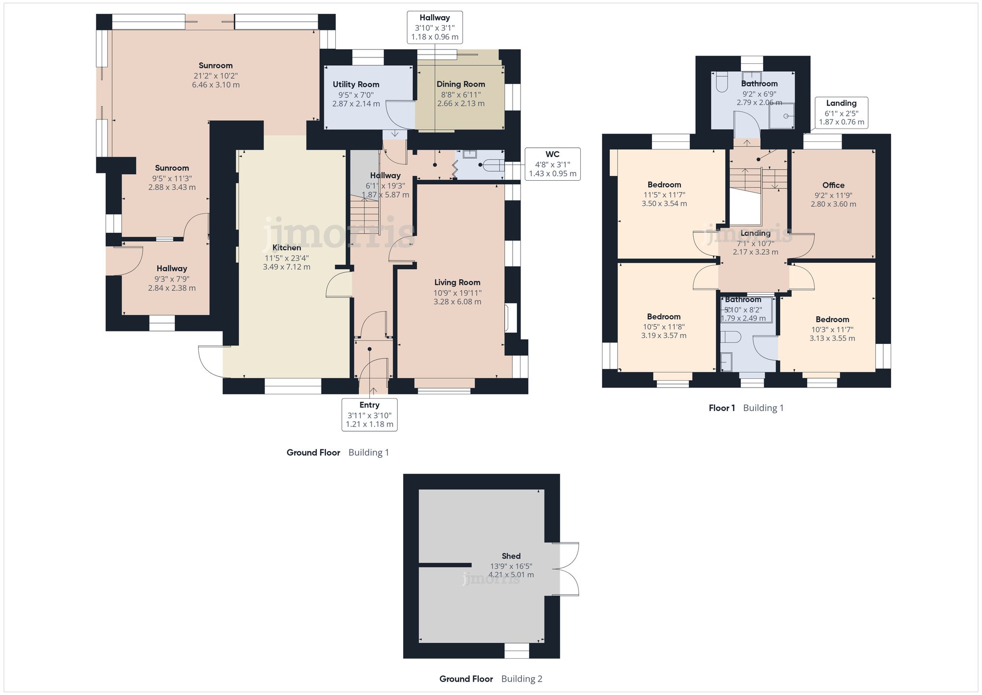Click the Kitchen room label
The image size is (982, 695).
(x=287, y=248)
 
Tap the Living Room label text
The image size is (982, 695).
(x=457, y=282)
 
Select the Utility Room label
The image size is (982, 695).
(x=356, y=84)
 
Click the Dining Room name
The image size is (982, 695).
(x=461, y=84)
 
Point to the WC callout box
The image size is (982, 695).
(x=552, y=164)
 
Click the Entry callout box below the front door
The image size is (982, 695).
(x=369, y=415)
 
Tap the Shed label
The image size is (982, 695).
(x=511, y=556)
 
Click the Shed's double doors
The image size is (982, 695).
(x=566, y=569)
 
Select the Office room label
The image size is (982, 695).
(x=833, y=185)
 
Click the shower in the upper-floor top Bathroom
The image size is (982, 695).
(x=782, y=116)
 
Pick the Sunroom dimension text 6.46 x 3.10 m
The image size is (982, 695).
(x=216, y=85)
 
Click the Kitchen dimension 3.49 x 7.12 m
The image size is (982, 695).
(x=287, y=267)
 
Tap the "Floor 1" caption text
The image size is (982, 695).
(x=722, y=408)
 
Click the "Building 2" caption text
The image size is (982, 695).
(x=521, y=679)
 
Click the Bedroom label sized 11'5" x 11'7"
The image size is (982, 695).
(x=664, y=185)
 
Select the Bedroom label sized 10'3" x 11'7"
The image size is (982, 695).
(x=832, y=319)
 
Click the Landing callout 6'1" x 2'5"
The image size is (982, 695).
(x=841, y=112)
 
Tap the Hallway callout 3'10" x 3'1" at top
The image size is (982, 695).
(x=435, y=28)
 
